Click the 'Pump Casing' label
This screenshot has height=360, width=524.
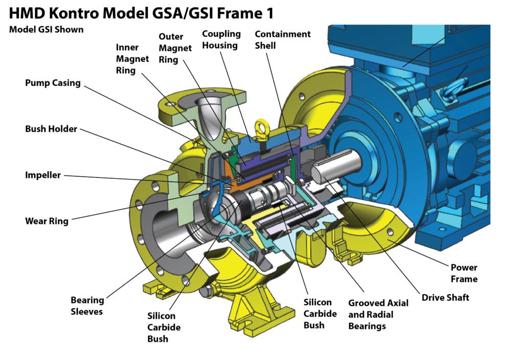point(53,83)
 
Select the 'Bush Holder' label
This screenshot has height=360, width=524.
point(51,129)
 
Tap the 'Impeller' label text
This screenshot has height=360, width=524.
point(43,175)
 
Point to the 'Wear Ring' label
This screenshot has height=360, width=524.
point(47,221)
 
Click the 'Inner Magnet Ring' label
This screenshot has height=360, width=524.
point(132,59)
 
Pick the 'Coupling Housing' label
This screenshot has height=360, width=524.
point(221,39)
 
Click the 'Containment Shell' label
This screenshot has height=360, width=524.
point(282,39)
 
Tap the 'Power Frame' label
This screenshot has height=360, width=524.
point(464,273)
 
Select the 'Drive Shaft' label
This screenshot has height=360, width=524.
point(445,298)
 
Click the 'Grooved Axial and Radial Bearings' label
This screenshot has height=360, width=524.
point(378,314)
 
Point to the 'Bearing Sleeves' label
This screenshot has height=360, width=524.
point(87,306)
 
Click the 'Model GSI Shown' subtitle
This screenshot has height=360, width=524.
point(46,29)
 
